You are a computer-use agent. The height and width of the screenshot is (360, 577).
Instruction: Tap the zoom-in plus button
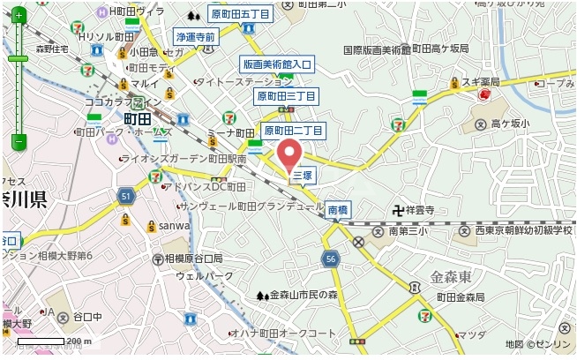19,16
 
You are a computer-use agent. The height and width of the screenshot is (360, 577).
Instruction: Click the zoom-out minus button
19,141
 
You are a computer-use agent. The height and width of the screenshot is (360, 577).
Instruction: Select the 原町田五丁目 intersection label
241,14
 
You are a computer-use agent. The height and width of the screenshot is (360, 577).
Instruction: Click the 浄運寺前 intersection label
195,38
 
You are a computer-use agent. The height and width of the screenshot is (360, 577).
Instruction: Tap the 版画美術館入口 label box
278,64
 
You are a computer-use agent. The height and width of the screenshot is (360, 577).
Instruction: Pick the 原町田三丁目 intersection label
286,95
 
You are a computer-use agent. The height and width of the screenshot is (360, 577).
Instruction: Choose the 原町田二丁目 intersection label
294,131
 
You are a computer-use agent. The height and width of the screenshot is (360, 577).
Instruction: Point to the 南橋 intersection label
338,210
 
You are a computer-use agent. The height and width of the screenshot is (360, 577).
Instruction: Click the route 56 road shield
331,258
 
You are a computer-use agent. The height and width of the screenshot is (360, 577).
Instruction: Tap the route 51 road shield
126,195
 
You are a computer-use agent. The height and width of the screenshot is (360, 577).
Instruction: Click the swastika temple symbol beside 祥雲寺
398,211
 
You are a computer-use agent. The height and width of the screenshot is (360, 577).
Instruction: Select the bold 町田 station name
138,118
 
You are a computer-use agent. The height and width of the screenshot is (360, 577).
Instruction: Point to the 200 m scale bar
54,341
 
